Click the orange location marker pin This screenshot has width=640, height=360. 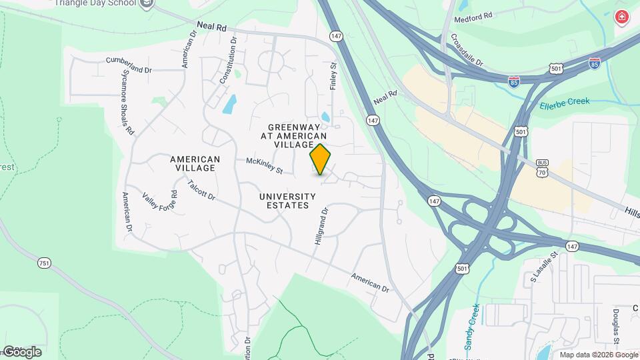coord(320,159)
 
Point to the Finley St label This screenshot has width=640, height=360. coord(334,76)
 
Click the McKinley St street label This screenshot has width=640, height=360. coord(265,165)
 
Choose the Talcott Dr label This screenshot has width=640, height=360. coord(201,191)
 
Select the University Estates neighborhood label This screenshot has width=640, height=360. coord(287,201)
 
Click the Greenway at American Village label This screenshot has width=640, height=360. coord(291,135)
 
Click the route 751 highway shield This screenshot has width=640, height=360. coord(44,263)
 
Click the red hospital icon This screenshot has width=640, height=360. coord(623,17)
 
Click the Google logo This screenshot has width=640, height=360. coord(21,351)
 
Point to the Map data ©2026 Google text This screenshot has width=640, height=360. coord(597,355)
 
